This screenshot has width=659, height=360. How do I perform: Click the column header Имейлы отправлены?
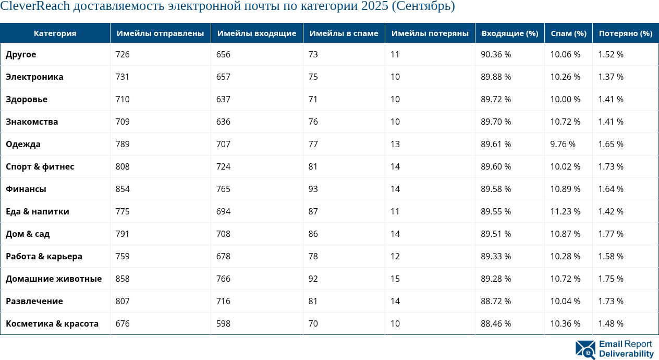160,33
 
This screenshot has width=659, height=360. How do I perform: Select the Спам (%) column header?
568,33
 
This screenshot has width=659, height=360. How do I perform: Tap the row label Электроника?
34,77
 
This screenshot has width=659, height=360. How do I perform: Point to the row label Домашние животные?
54,279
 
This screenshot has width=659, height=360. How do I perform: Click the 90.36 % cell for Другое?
495,54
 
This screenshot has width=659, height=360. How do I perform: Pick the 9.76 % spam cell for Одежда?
563,144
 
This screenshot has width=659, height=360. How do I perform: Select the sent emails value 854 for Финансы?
123,189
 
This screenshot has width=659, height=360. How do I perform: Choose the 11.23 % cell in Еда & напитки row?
565,211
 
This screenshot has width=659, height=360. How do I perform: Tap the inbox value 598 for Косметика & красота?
224,323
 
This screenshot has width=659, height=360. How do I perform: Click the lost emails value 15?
395,279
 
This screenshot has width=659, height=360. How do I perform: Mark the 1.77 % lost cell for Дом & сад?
611,234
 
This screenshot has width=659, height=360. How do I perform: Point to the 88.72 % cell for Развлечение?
495,301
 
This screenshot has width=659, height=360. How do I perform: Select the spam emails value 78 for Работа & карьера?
313,256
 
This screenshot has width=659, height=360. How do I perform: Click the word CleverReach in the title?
35,7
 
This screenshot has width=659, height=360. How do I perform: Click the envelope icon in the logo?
585,350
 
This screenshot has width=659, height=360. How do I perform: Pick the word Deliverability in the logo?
626,354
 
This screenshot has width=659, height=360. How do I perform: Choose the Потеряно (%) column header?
626,33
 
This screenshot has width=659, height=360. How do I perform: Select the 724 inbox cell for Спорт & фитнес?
224,166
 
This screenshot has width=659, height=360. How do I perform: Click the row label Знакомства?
32,122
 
